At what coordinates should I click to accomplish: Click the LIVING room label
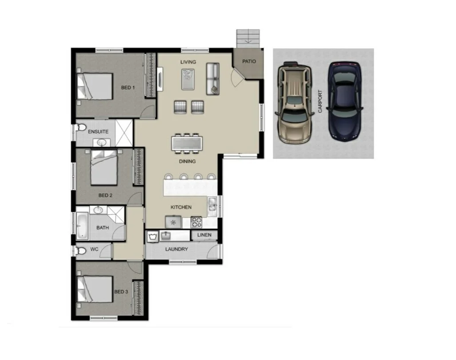pos(188,62)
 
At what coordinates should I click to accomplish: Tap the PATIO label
pos(248,62)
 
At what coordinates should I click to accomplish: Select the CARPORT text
pos(320,102)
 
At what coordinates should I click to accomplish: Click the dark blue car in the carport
pos(345,100)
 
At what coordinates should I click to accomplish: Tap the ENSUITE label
pos(98,132)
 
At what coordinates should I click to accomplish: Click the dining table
pos(187,144)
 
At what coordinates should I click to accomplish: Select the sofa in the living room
pos(213,79)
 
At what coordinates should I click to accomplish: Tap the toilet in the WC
pos(81,251)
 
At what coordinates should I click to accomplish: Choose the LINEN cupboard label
pos(204,235)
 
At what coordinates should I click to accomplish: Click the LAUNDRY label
pos(176,249)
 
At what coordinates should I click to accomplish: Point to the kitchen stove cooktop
pos(196,222)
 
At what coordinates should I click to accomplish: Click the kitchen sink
pos(212,205)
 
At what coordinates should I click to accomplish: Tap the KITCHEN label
pos(181,207)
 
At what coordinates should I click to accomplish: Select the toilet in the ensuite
pos(80,128)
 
